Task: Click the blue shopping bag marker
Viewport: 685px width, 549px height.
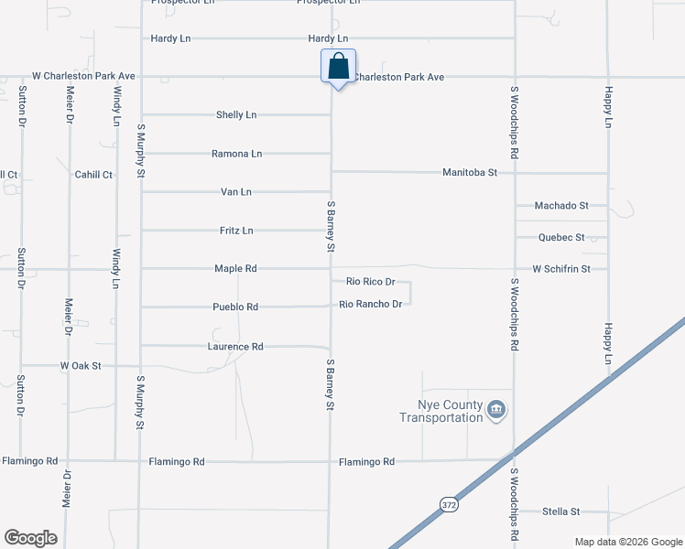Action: tap(338, 67)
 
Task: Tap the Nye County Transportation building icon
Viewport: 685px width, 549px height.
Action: tap(496, 409)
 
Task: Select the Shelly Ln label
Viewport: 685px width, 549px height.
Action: tap(235, 115)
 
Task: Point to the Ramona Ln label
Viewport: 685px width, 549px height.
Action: tap(236, 154)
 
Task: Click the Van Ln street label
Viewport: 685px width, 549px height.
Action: tap(236, 192)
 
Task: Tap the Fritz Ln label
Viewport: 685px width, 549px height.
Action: tap(236, 231)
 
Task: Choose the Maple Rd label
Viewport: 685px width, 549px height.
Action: tap(235, 269)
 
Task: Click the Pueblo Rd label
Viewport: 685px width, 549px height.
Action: tap(235, 307)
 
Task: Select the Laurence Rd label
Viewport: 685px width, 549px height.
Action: tap(235, 347)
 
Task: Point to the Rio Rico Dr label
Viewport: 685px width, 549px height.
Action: tap(370, 282)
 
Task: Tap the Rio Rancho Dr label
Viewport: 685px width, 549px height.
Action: tap(371, 304)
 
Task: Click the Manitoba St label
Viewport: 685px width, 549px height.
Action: tap(469, 172)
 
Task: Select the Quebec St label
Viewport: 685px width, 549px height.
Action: tap(561, 238)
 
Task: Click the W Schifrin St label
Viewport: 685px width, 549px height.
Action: tap(561, 269)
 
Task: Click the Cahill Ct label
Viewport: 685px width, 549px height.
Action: tap(93, 175)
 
